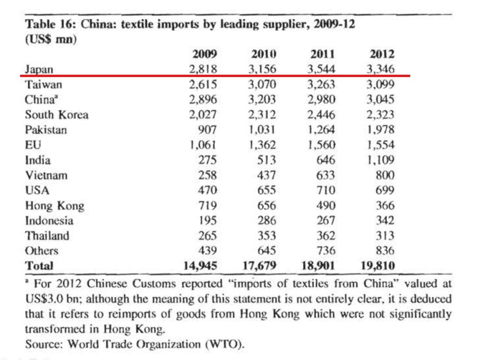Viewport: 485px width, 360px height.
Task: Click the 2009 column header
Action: [204, 54]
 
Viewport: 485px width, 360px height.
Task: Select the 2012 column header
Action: [382, 54]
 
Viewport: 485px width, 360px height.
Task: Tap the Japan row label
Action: [39, 69]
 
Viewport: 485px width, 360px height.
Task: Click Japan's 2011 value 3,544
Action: [322, 69]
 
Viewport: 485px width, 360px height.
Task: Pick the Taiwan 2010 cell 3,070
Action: [263, 84]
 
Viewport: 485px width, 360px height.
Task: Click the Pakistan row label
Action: [46, 130]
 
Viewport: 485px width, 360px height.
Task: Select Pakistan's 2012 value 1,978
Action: [380, 130]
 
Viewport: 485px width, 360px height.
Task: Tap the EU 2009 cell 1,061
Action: [203, 145]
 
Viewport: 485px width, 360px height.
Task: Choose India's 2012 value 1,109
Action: [380, 160]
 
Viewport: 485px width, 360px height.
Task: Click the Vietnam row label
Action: [46, 175]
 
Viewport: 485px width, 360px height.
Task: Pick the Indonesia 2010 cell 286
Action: [267, 220]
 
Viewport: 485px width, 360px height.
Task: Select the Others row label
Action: [42, 251]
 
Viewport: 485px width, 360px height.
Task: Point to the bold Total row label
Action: [39, 266]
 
